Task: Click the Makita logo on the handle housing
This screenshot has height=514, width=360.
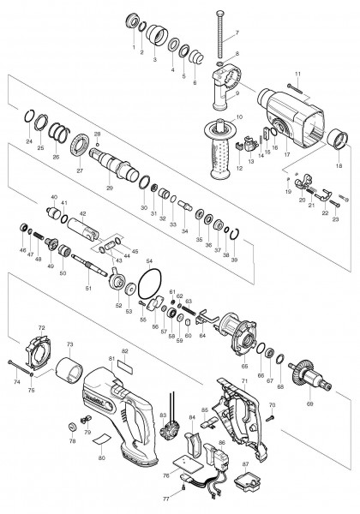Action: [96, 397]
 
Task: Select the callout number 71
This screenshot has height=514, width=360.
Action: [244, 380]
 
